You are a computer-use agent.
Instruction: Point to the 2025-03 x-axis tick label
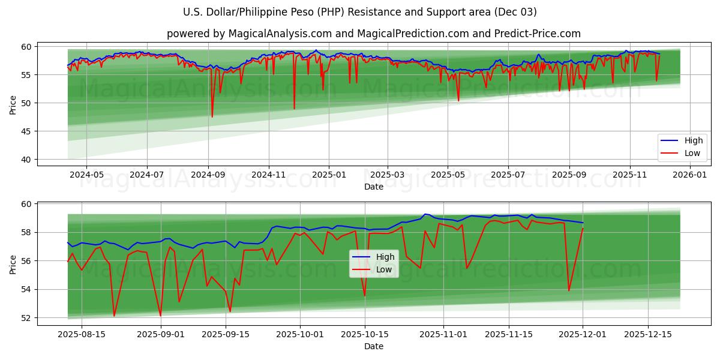point(387,175)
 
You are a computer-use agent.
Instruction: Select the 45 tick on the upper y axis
point(26,131)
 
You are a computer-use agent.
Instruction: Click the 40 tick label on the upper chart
point(26,160)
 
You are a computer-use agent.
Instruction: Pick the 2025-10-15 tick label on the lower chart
point(365,335)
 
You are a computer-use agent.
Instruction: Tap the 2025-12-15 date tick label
point(647,335)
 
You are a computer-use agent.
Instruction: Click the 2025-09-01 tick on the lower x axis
point(160,335)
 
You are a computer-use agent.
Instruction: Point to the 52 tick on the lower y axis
point(26,318)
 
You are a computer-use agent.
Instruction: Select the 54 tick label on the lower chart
point(26,289)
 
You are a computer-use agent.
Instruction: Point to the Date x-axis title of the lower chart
point(373,346)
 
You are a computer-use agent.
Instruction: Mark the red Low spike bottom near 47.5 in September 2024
point(212,117)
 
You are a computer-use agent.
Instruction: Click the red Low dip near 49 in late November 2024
point(294,109)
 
